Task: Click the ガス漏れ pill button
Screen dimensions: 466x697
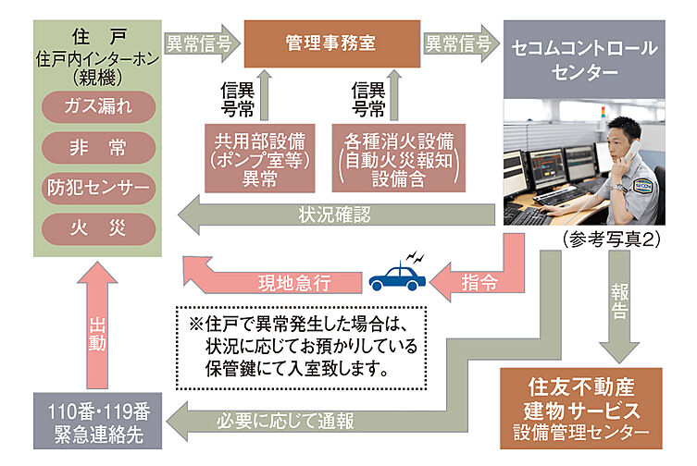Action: pos(98,105)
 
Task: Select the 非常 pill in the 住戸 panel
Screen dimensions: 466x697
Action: pos(98,147)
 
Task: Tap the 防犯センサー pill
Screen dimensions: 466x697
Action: pos(98,188)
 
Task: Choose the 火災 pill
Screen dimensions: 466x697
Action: pos(98,228)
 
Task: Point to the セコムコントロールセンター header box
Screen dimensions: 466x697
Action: pos(584,57)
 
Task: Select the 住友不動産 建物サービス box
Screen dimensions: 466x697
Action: pos(581,407)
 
